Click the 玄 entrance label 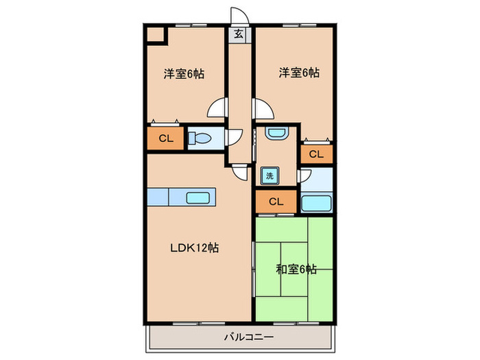(x=239, y=34)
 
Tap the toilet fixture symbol (x=200, y=139)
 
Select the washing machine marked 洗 (x=269, y=176)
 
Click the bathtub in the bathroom (x=317, y=203)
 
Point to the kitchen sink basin (x=197, y=197)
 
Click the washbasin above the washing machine (x=277, y=134)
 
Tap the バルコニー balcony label (x=249, y=337)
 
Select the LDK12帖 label (x=194, y=248)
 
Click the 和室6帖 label (x=296, y=269)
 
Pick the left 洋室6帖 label (x=184, y=74)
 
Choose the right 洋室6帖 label (x=299, y=73)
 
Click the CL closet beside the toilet (x=166, y=139)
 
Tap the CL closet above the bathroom (x=317, y=154)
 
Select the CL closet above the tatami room (x=276, y=202)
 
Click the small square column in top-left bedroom (x=156, y=35)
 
